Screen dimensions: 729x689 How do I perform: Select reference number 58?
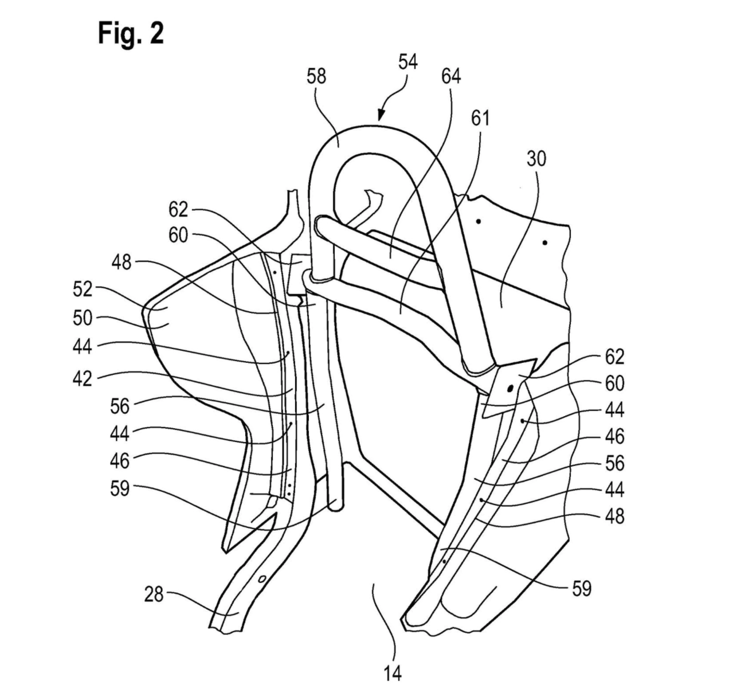pyautogui.click(x=316, y=77)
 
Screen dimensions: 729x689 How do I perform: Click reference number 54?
pyautogui.click(x=408, y=62)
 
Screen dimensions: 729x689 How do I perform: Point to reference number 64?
pyautogui.click(x=451, y=77)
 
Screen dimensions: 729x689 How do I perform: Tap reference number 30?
pyautogui.click(x=536, y=159)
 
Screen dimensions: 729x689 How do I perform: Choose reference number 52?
pyautogui.click(x=83, y=289)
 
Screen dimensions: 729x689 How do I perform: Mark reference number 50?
pyautogui.click(x=83, y=318)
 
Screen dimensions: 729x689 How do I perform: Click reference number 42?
pyautogui.click(x=83, y=378)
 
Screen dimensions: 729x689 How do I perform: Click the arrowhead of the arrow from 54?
pyautogui.click(x=381, y=115)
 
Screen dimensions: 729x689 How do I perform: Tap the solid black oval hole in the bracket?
pyautogui.click(x=510, y=389)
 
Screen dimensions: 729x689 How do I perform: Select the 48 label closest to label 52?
pyautogui.click(x=122, y=263)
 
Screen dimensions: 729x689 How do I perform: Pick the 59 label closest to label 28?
pyautogui.click(x=120, y=489)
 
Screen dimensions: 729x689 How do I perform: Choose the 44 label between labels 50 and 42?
pyautogui.click(x=83, y=347)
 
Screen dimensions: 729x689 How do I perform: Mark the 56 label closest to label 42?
pyautogui.click(x=120, y=406)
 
